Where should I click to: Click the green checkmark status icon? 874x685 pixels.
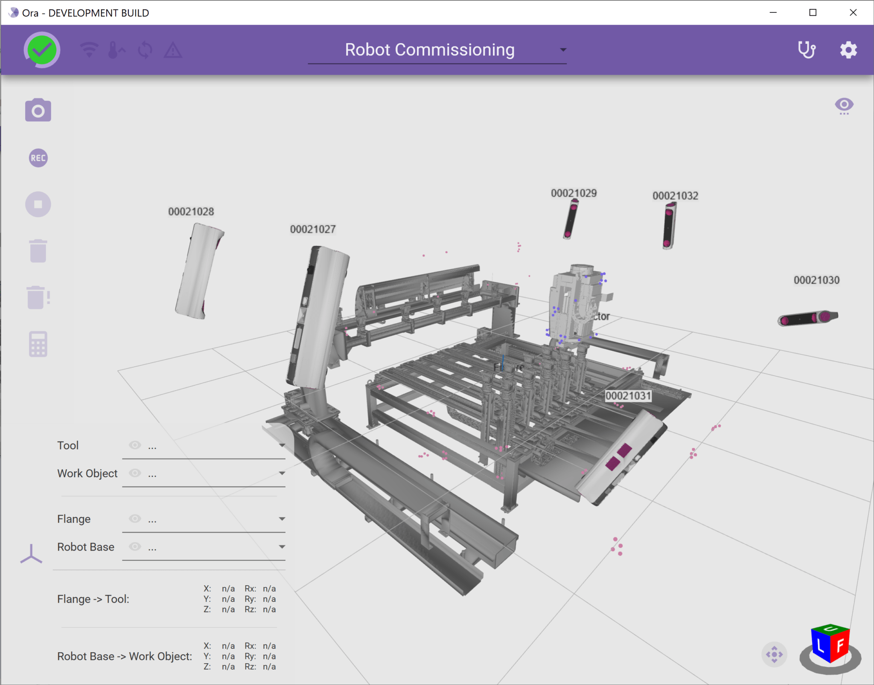[x=42, y=50]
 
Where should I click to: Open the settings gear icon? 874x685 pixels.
[x=848, y=50]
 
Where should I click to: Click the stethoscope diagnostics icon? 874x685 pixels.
[x=807, y=50]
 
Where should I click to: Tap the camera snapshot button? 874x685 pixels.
[x=38, y=110]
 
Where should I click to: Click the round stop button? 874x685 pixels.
[x=38, y=204]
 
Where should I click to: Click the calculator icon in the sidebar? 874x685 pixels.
[x=38, y=344]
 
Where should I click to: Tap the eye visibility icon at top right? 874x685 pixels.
[x=844, y=105]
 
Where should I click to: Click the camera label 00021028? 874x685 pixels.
[x=191, y=212]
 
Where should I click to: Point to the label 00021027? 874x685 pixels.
[x=313, y=229]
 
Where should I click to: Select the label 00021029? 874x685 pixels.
[x=574, y=193]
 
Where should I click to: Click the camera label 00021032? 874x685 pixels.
[x=675, y=196]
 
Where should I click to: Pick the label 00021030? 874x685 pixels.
[x=816, y=280]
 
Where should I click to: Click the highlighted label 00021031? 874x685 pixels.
[x=628, y=396]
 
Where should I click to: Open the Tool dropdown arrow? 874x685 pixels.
[x=282, y=445]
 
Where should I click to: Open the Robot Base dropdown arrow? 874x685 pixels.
[x=282, y=547]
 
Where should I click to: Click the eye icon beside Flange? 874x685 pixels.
[x=135, y=519]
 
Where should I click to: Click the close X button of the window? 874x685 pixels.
[x=853, y=13]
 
